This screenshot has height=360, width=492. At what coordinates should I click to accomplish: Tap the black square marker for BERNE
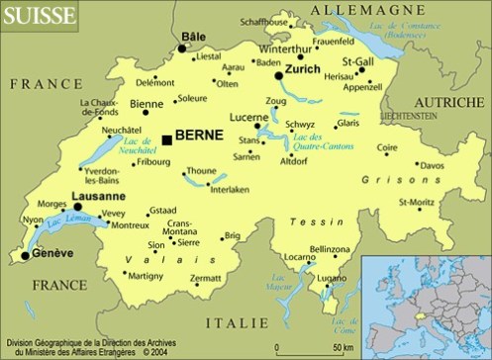click(165, 140)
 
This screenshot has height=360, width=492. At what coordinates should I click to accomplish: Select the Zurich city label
click(303, 71)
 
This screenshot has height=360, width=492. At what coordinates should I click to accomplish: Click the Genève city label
click(53, 253)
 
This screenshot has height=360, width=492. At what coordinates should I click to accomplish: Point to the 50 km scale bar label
click(343, 347)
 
